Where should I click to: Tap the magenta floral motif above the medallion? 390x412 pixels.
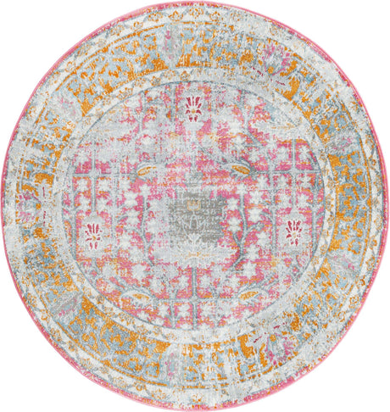(x=193, y=109)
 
